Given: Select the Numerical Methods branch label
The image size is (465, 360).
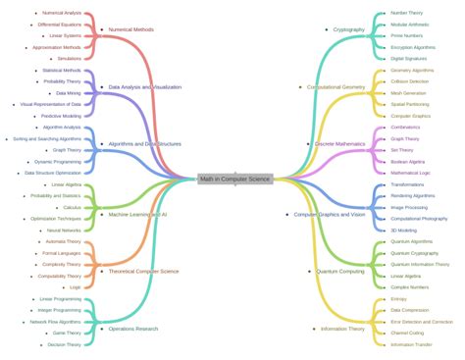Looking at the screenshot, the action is click(130, 30).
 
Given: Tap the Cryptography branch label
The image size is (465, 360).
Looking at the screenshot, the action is click(348, 30).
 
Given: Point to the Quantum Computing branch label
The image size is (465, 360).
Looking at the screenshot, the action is click(340, 271).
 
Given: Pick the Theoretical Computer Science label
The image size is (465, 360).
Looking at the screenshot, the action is click(143, 271).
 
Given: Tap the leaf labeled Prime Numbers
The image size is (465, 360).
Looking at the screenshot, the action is click(408, 35).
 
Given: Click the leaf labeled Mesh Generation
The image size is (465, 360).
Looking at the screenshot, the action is click(409, 93).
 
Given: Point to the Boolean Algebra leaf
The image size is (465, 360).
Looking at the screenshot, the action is click(409, 161).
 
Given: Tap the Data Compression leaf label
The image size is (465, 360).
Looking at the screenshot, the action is click(412, 310).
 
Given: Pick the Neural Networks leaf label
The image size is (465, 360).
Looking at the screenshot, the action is click(64, 231).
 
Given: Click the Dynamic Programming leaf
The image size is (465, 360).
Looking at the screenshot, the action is click(58, 161).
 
